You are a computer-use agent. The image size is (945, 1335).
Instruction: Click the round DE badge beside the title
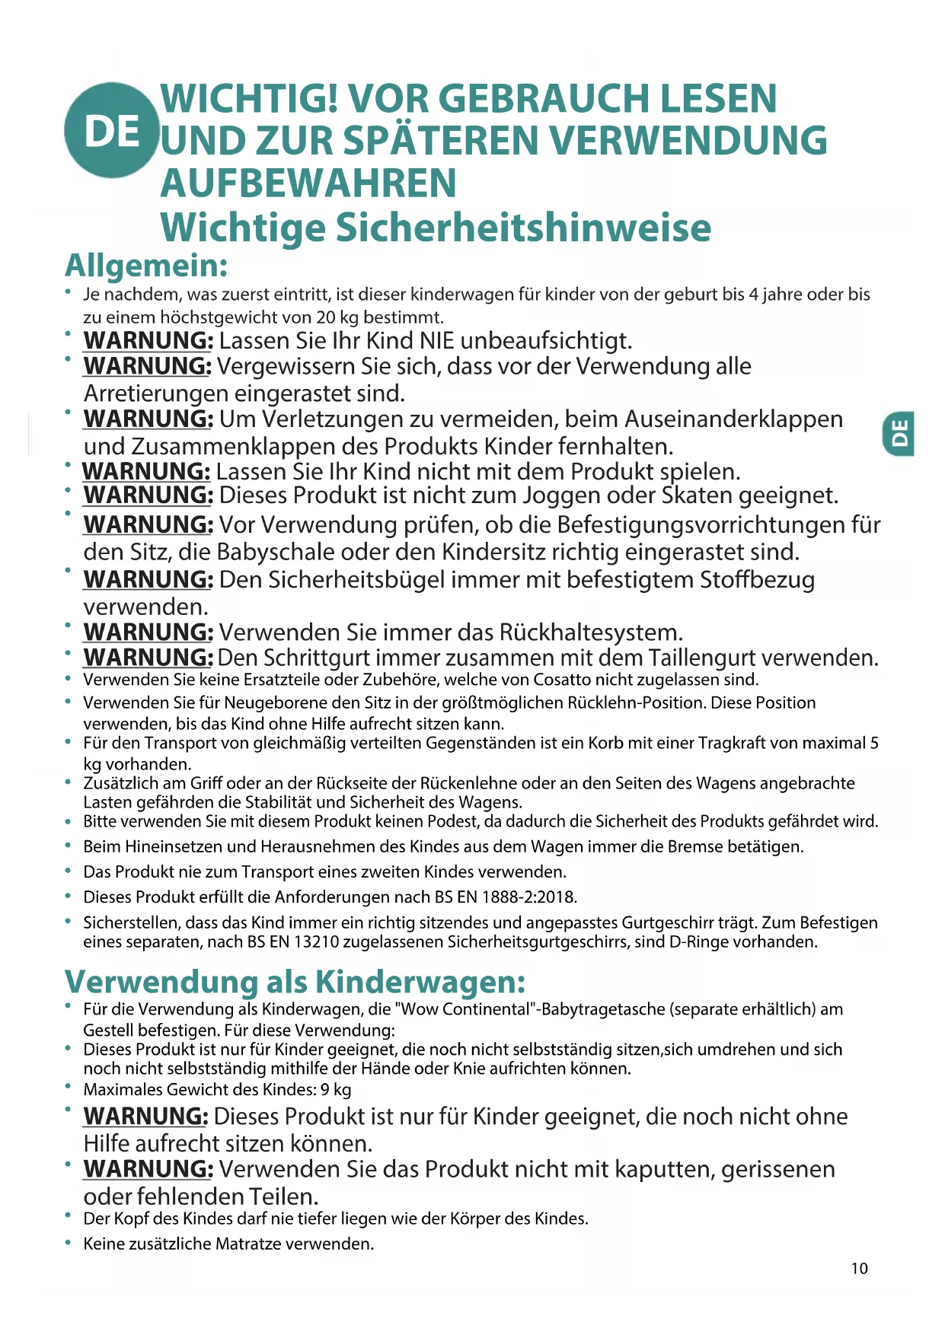pyautogui.click(x=112, y=130)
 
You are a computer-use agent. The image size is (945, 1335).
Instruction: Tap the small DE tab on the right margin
pyautogui.click(x=899, y=434)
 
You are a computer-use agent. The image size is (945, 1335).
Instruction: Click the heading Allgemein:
pyautogui.click(x=146, y=266)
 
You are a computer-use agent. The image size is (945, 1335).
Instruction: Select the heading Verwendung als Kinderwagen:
pyautogui.click(x=295, y=981)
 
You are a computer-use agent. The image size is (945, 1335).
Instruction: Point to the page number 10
pyautogui.click(x=859, y=1268)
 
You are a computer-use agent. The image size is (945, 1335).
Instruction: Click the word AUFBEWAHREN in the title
pyautogui.click(x=308, y=183)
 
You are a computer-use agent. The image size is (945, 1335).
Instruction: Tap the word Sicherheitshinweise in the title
pyautogui.click(x=523, y=227)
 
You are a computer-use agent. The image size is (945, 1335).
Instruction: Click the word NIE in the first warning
pyautogui.click(x=437, y=340)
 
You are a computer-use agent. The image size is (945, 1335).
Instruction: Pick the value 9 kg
pyautogui.click(x=336, y=1089)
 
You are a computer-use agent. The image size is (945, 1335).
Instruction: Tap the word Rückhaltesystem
pyautogui.click(x=590, y=632)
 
